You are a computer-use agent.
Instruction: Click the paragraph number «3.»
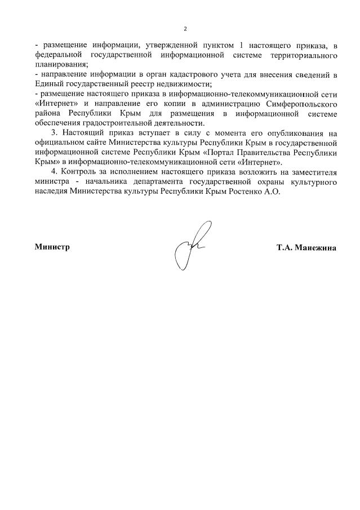click(54, 134)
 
